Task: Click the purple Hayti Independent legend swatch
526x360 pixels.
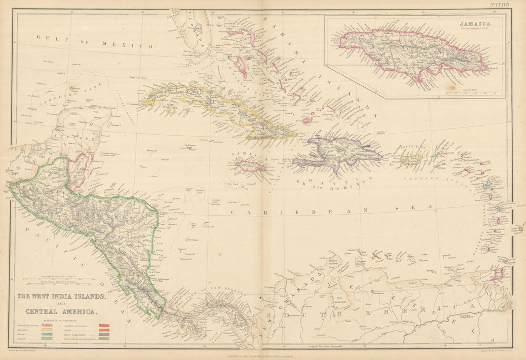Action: click(x=104, y=333)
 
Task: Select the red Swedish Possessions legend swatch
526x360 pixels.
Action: click(x=104, y=326)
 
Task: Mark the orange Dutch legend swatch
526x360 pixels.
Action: click(x=104, y=329)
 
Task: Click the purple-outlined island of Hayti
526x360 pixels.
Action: click(x=337, y=153)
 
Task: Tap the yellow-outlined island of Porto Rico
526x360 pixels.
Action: click(x=411, y=159)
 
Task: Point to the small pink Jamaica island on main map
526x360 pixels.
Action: click(x=250, y=167)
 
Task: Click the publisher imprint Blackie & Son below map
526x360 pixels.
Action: click(x=263, y=355)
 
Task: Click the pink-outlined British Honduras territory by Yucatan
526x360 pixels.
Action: click(x=79, y=171)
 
